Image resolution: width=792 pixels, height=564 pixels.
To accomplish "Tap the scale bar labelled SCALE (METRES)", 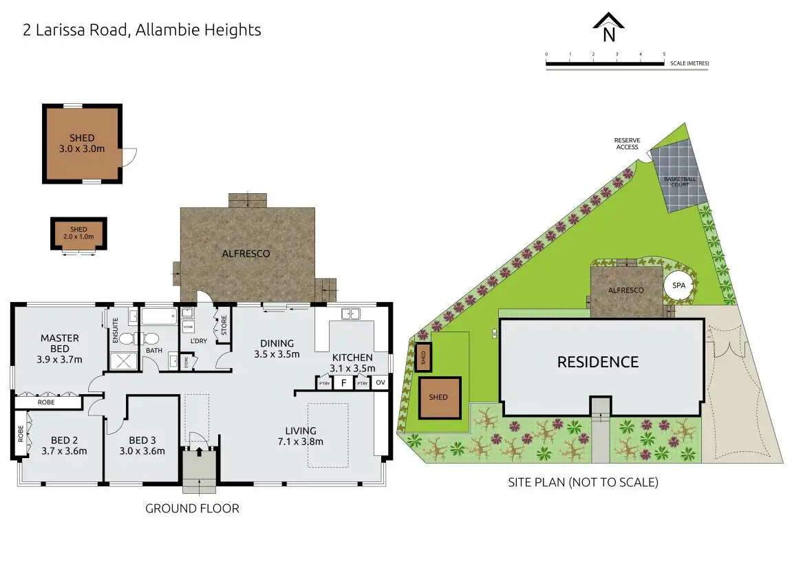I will point(606,64).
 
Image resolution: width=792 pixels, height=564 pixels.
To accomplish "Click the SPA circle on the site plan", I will point(678,285).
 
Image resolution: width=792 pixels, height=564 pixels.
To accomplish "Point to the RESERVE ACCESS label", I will point(627,143).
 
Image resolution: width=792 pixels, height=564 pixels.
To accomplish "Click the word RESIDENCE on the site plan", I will point(597,362).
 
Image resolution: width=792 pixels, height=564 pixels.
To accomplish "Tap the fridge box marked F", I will point(343,383).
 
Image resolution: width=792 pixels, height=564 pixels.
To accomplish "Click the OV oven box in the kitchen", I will point(381,383).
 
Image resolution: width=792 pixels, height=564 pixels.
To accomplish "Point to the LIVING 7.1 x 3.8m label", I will point(300,435).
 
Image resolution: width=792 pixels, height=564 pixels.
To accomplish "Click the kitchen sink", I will point(351,314).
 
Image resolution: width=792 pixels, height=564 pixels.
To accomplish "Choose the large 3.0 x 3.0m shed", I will point(82,143).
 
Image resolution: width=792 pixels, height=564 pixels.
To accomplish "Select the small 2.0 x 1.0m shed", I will point(78,234).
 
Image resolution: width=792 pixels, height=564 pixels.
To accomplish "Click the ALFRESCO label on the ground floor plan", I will point(246,253).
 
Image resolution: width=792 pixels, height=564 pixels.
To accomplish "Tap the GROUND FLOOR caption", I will point(192,509).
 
